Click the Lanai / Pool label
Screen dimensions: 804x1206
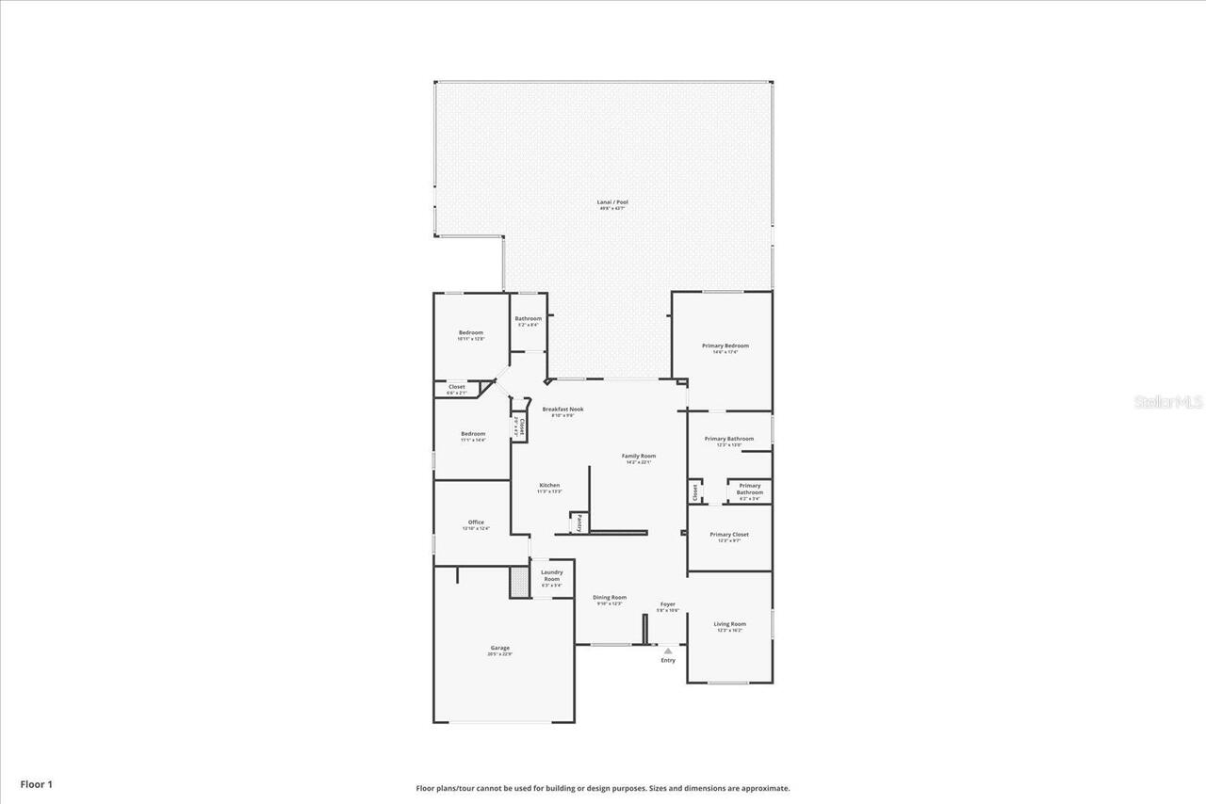point(612,201)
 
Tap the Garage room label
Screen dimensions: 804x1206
point(499,648)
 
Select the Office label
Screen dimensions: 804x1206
point(476,523)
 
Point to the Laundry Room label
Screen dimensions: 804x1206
point(551,575)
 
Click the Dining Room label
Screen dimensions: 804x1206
point(610,597)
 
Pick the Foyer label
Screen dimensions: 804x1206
point(667,604)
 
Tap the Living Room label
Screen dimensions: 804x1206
point(729,624)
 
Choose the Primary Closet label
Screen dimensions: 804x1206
point(729,534)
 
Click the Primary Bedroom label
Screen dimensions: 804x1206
point(725,346)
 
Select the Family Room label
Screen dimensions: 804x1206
point(638,456)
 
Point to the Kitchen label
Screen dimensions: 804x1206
point(549,485)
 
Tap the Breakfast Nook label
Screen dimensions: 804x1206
point(562,409)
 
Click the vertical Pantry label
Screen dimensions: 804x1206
point(579,523)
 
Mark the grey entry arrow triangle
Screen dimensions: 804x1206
point(668,651)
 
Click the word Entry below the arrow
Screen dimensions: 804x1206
point(668,661)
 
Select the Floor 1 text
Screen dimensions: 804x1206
point(36,783)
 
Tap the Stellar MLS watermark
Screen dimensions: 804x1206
point(1168,402)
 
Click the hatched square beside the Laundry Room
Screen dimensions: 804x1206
point(519,581)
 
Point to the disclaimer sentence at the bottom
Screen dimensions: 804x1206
point(603,789)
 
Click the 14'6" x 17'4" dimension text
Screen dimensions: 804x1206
point(725,352)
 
